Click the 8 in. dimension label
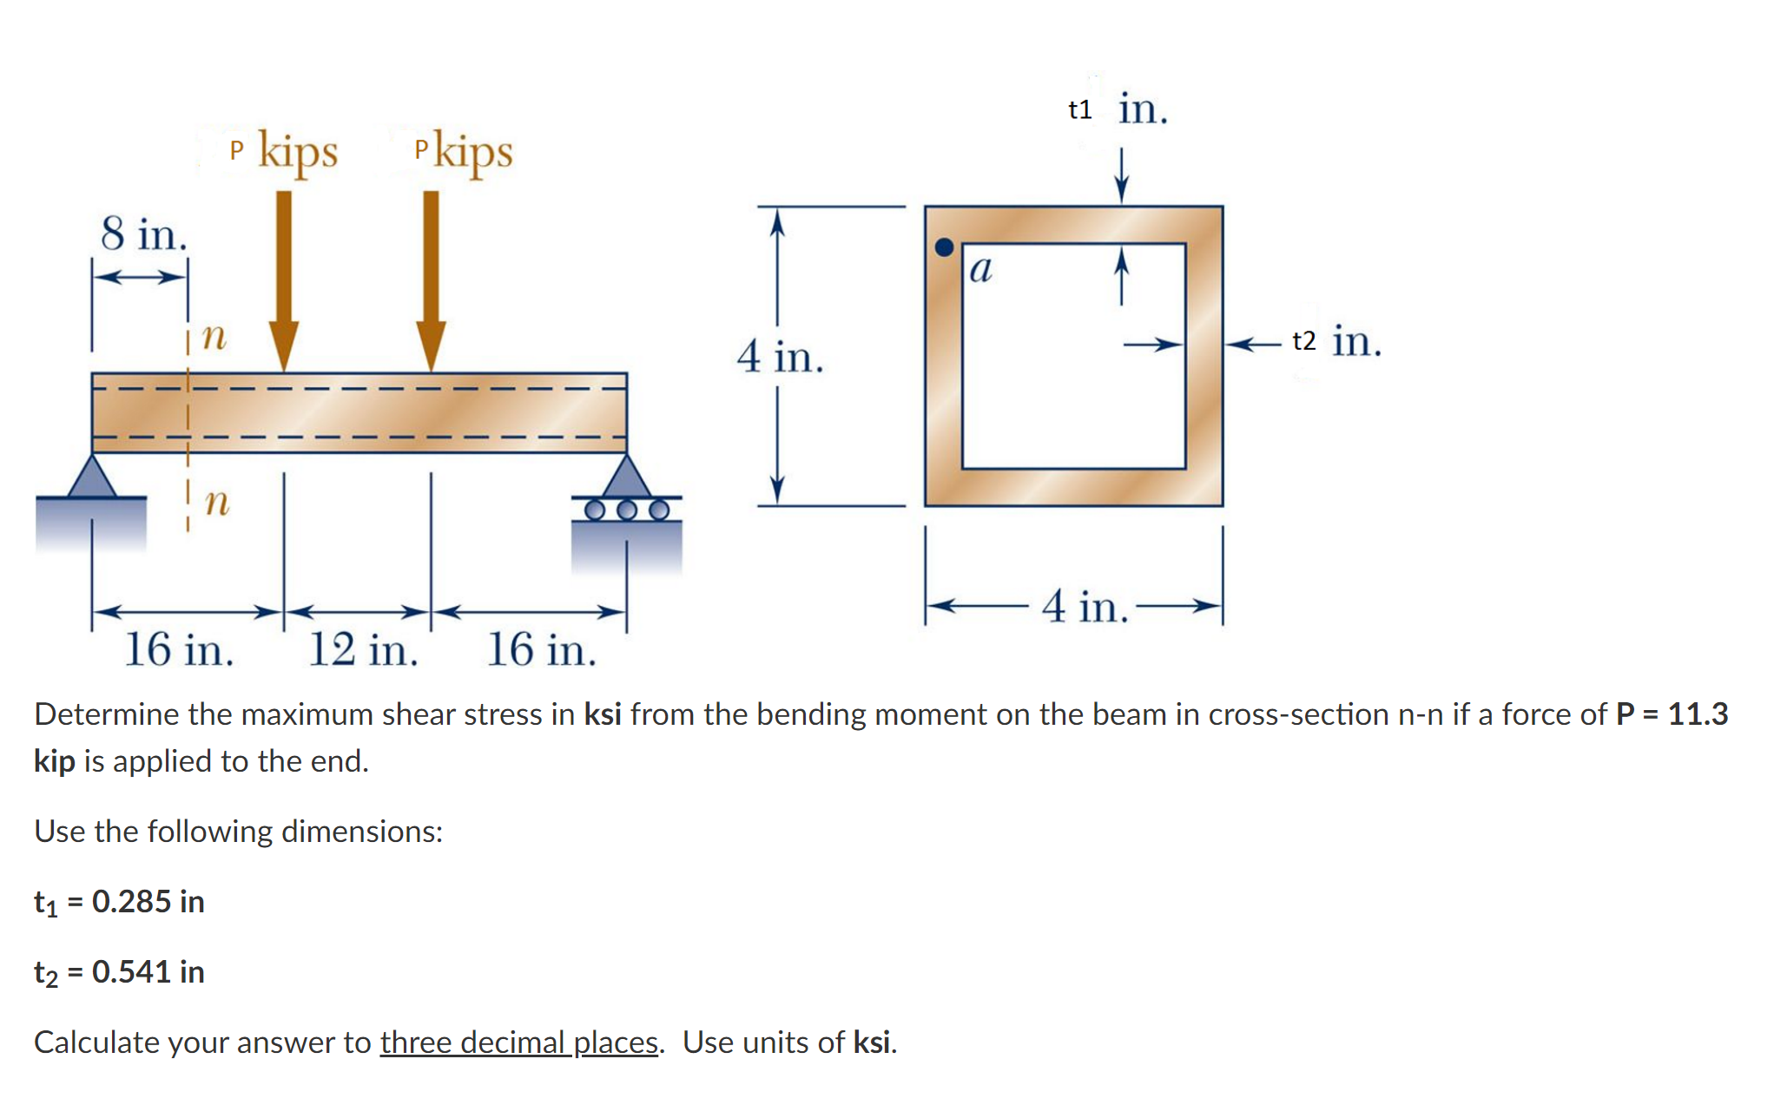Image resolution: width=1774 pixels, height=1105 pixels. click(x=143, y=234)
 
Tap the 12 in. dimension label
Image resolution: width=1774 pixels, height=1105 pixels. click(x=363, y=649)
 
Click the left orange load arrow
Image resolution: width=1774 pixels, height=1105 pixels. click(x=283, y=278)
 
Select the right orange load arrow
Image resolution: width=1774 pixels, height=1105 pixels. click(x=431, y=278)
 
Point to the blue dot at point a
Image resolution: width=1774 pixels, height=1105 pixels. click(x=944, y=247)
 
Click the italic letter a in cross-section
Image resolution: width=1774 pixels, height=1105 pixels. click(x=980, y=269)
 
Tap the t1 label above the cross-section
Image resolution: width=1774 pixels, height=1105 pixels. click(x=1080, y=110)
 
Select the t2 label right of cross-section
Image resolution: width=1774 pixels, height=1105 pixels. click(x=1303, y=341)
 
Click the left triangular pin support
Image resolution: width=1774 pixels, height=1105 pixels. click(x=92, y=477)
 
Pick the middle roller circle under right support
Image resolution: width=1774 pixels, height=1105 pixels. click(x=627, y=510)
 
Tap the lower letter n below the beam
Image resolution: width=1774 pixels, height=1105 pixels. click(x=216, y=501)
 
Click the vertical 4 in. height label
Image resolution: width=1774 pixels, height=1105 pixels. click(x=779, y=357)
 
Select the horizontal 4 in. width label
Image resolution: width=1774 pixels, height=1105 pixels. click(x=1085, y=606)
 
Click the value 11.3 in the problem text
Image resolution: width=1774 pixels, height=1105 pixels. click(x=1698, y=714)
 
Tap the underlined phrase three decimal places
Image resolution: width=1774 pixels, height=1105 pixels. click(x=518, y=1043)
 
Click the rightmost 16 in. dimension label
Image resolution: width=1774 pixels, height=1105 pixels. click(x=541, y=649)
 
